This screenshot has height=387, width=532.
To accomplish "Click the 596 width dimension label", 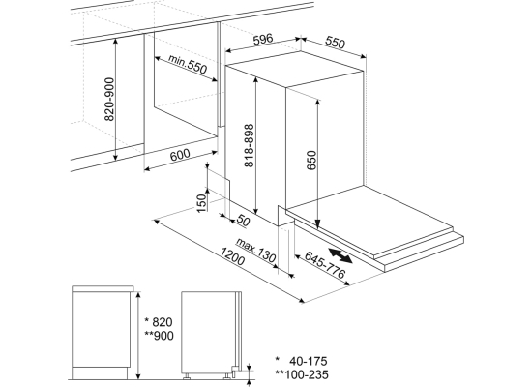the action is click(x=263, y=39).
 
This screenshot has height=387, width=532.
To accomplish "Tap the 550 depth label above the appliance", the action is click(x=335, y=43).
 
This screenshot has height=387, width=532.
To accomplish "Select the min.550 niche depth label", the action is click(x=188, y=64).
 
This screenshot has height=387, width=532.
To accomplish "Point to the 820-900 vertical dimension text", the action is click(x=109, y=99).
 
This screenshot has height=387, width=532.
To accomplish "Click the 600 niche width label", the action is click(x=180, y=155).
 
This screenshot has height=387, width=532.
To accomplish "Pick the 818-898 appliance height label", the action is click(x=249, y=145).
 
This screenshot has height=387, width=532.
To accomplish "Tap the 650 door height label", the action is click(x=310, y=160).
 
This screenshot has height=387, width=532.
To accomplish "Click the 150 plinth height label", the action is click(x=201, y=203).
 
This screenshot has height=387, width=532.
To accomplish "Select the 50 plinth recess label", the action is click(x=243, y=221).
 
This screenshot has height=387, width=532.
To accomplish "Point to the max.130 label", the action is click(x=255, y=251).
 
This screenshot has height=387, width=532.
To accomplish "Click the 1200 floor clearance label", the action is click(x=232, y=256).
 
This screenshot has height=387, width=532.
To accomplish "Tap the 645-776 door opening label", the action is click(x=325, y=264).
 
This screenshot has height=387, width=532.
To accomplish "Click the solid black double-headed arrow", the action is click(x=340, y=255).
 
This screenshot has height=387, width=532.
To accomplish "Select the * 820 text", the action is click(x=159, y=321).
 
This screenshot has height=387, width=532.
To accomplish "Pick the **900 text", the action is click(x=159, y=336).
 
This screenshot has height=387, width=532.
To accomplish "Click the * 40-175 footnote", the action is click(x=301, y=361).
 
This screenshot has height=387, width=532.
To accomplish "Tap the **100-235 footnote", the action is click(x=302, y=374).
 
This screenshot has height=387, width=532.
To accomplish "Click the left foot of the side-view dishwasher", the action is click(x=187, y=375).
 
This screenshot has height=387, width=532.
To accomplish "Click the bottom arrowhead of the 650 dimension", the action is click(x=317, y=224).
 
